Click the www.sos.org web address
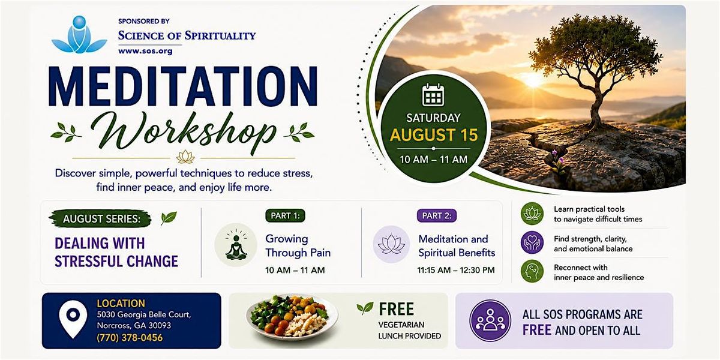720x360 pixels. [145, 51]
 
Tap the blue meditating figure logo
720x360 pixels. [79, 35]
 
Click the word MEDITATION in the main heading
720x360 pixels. [183, 86]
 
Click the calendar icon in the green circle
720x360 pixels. [433, 95]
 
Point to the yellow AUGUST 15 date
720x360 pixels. [434, 134]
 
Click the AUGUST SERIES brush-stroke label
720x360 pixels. [100, 219]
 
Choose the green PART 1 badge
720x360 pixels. [285, 215]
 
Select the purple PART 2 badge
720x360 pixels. [437, 215]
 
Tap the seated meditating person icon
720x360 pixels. [236, 245]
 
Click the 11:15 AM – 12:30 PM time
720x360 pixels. [456, 270]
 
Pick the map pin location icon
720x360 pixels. [73, 319]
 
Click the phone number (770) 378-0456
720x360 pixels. [130, 338]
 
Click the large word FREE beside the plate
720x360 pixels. [396, 309]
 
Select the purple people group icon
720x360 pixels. [490, 320]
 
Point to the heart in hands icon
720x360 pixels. [532, 242]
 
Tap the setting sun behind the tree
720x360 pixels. [533, 79]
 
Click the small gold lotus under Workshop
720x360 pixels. [185, 157]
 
